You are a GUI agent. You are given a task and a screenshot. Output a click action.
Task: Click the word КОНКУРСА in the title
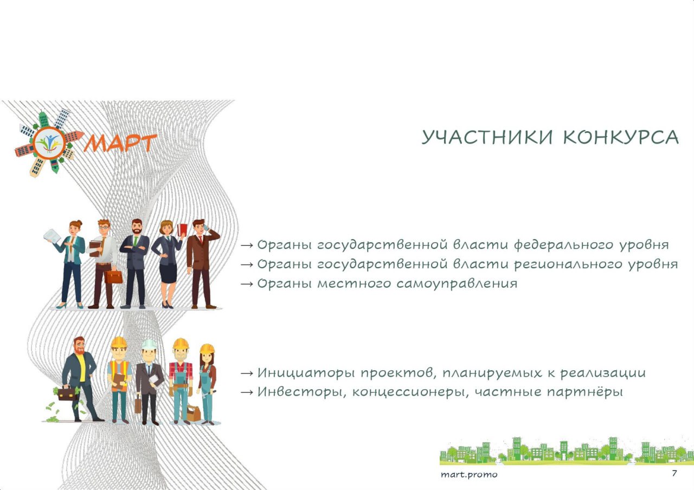(621, 137)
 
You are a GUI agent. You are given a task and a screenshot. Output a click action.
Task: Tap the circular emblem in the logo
(49, 143)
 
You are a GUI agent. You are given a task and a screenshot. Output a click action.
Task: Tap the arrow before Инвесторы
(247, 392)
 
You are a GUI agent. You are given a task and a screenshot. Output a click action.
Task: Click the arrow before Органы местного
(247, 283)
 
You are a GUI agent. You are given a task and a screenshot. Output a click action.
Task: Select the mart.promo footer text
(469, 475)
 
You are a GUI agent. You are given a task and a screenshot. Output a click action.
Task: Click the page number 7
(674, 473)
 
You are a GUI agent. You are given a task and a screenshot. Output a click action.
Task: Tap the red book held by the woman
(182, 230)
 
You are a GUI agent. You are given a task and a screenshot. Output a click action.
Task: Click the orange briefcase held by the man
(114, 277)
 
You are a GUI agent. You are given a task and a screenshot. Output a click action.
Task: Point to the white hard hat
(149, 344)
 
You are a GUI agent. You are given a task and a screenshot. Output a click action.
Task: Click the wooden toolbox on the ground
(194, 413)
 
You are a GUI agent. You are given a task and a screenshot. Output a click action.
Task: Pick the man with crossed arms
(135, 264)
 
